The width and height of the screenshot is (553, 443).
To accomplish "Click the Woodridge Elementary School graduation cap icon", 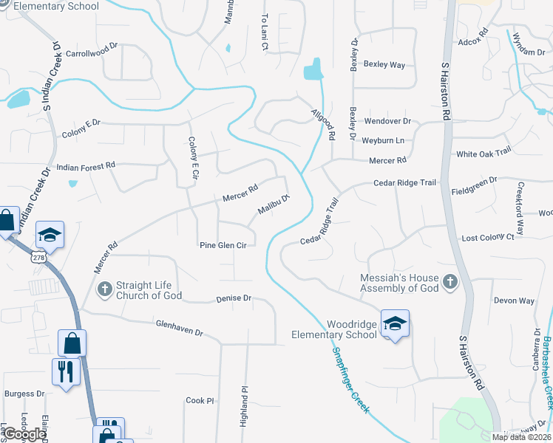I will pos(395,323).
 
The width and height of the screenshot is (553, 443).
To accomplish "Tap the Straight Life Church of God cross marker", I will pos(105,288).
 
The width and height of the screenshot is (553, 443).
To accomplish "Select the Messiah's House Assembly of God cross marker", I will pos(449,281).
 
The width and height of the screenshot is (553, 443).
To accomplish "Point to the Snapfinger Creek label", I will pos(350,380).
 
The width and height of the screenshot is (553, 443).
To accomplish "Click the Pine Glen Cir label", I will pos(222,245).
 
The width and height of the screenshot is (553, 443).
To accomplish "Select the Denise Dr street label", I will pos(234,299).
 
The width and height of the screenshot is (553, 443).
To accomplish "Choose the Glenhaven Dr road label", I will pos(179,328).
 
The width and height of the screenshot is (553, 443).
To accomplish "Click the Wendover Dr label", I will pos(387,121).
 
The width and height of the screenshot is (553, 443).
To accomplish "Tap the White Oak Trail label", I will pos(484,153).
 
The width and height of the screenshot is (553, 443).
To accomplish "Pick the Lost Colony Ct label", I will pos(487,238).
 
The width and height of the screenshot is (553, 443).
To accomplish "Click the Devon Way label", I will pos(514,301).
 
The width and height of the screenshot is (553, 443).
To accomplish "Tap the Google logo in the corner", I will pos(24,434).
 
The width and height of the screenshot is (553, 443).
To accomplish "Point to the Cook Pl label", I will pos(200,401).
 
